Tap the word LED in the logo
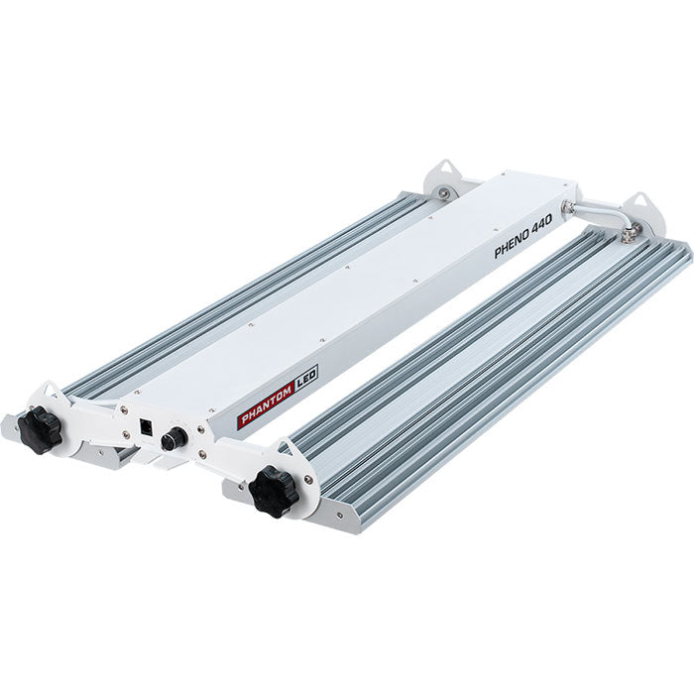click(305, 379)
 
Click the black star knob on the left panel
click(40, 429)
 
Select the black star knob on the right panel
click(274, 490)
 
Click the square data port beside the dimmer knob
click(147, 428)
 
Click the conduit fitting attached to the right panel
click(627, 234)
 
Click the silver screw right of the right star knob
click(309, 480)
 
